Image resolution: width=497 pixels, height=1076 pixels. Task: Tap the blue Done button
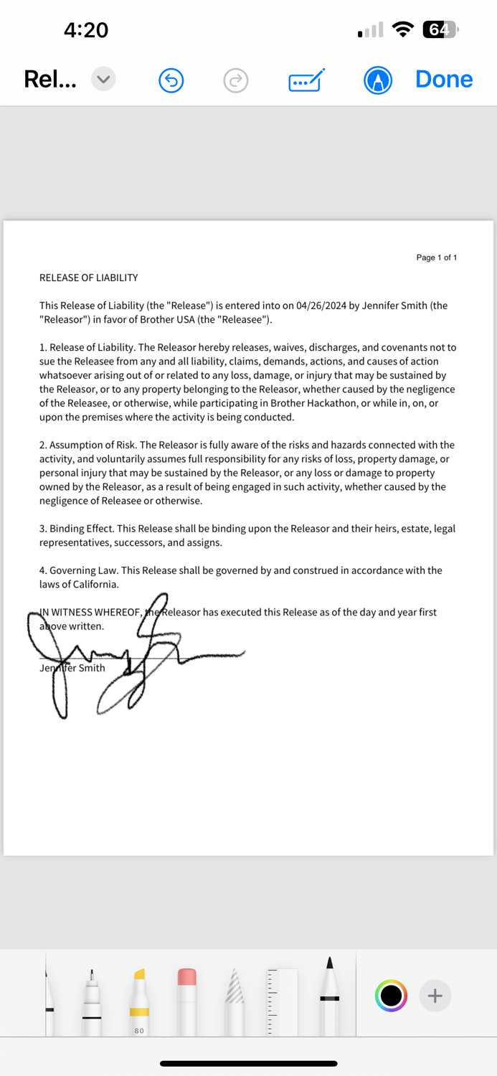pyautogui.click(x=444, y=79)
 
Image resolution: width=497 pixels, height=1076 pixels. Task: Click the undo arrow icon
pyautogui.click(x=171, y=80)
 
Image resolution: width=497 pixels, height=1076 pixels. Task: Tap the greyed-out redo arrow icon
pyautogui.click(x=235, y=80)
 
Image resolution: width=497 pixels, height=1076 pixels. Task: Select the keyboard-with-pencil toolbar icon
pyautogui.click(x=306, y=80)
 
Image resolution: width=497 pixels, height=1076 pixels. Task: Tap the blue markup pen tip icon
pyautogui.click(x=378, y=80)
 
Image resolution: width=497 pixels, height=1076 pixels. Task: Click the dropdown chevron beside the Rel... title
pyautogui.click(x=103, y=79)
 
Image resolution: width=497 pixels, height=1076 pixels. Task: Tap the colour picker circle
pyautogui.click(x=391, y=996)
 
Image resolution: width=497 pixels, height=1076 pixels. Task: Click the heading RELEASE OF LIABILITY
pyautogui.click(x=89, y=278)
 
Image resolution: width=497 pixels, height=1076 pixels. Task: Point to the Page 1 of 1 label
pyautogui.click(x=436, y=258)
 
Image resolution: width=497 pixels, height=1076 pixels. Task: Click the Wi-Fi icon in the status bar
pyautogui.click(x=404, y=30)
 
